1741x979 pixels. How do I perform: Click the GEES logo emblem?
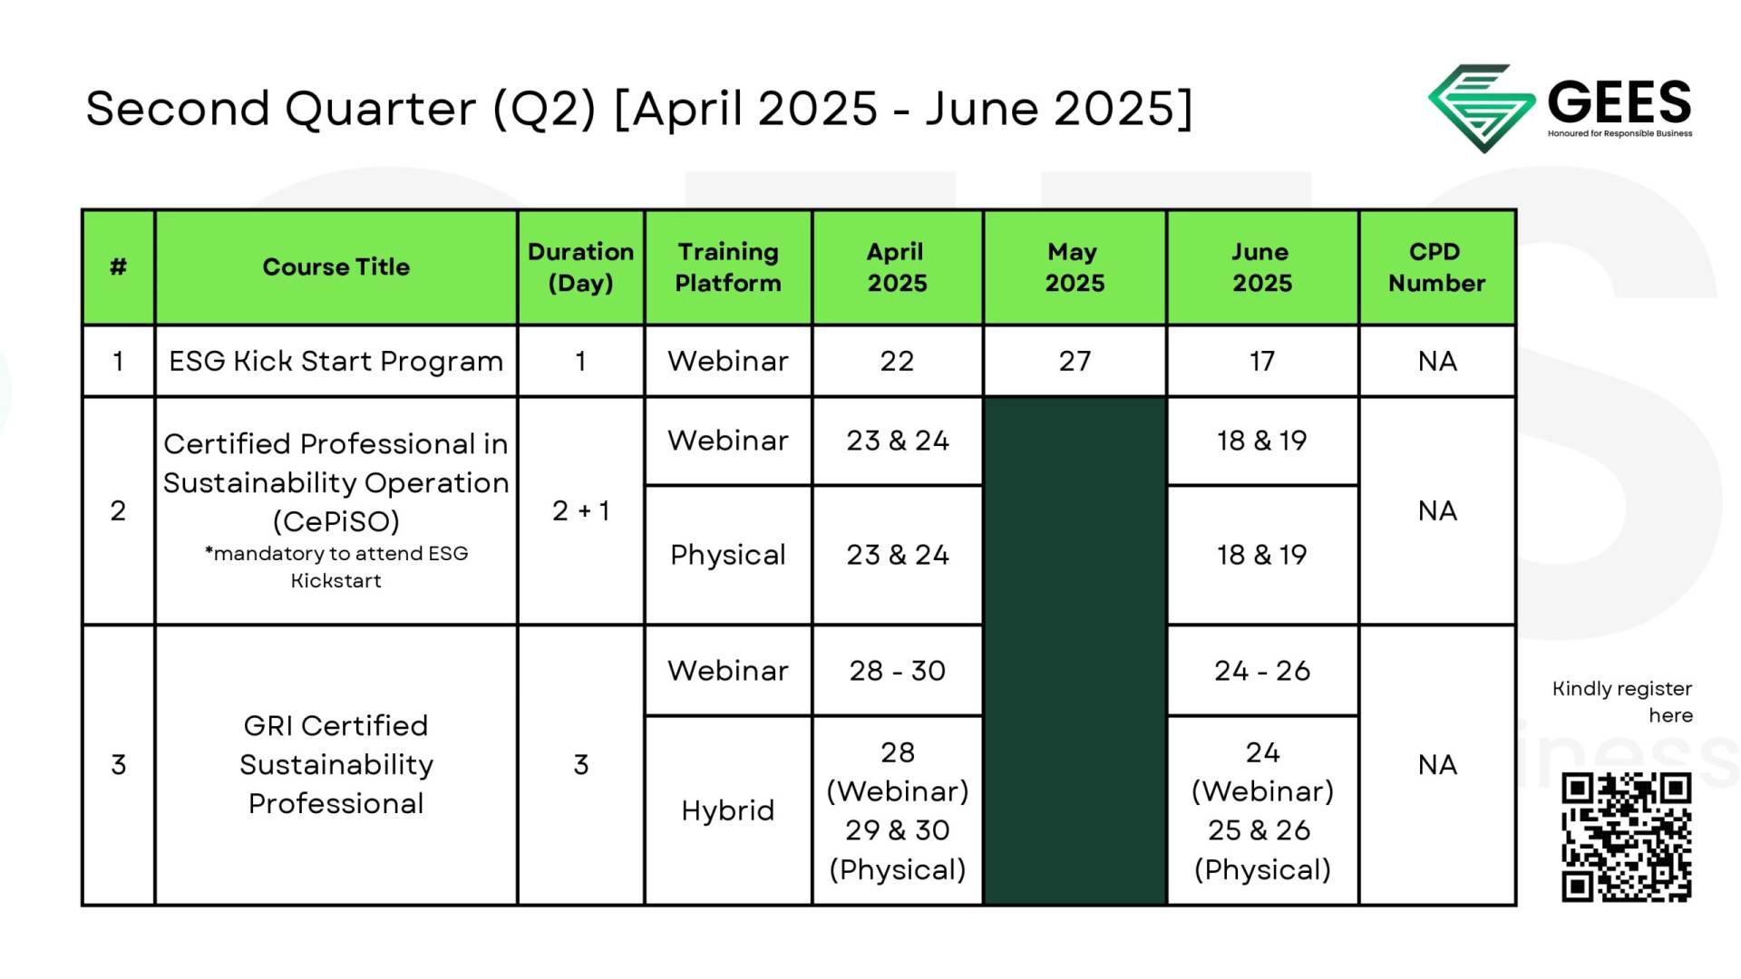(1482, 108)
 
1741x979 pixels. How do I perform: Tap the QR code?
(1626, 837)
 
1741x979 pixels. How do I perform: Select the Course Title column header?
(336, 267)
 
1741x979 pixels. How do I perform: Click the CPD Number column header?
(1436, 267)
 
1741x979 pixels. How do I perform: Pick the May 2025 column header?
(1075, 267)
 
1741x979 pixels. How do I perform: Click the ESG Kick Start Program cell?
(336, 361)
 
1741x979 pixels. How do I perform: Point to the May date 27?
(1075, 361)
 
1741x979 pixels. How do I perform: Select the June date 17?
(1262, 361)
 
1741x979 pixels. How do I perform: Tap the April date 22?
(897, 361)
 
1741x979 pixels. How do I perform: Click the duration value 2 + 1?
(580, 510)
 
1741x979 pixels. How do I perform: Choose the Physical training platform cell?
(727, 555)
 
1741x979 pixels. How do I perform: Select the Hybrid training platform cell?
(727, 810)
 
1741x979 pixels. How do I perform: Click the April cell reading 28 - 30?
(897, 671)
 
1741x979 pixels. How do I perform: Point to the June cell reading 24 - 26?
(1262, 671)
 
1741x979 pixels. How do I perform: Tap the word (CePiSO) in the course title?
(336, 521)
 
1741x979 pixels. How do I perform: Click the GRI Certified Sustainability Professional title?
(336, 764)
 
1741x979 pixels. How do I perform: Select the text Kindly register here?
(1622, 702)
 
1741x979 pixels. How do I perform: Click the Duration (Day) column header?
(580, 267)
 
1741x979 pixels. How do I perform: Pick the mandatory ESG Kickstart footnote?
(336, 567)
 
